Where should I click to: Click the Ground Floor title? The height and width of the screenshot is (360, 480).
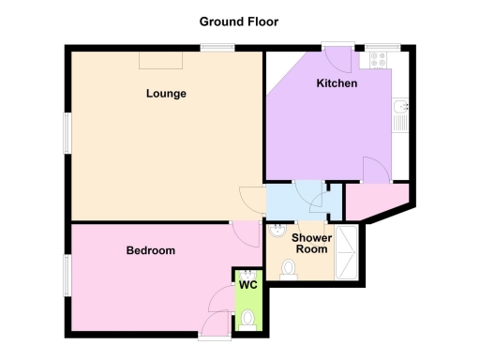click(x=239, y=21)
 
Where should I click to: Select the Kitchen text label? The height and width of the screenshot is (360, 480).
click(x=336, y=83)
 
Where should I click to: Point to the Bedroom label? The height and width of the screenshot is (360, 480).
click(x=151, y=250)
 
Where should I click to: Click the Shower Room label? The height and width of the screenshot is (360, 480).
click(x=311, y=244)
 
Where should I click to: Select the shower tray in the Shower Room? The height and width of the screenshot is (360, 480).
click(x=346, y=251)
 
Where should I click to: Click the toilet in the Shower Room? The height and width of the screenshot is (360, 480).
click(x=289, y=269)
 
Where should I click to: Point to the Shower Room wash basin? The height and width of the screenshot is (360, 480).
click(x=277, y=231)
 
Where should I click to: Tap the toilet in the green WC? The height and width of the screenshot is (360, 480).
click(x=247, y=320)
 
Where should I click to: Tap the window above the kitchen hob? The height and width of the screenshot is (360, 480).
click(x=382, y=46)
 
